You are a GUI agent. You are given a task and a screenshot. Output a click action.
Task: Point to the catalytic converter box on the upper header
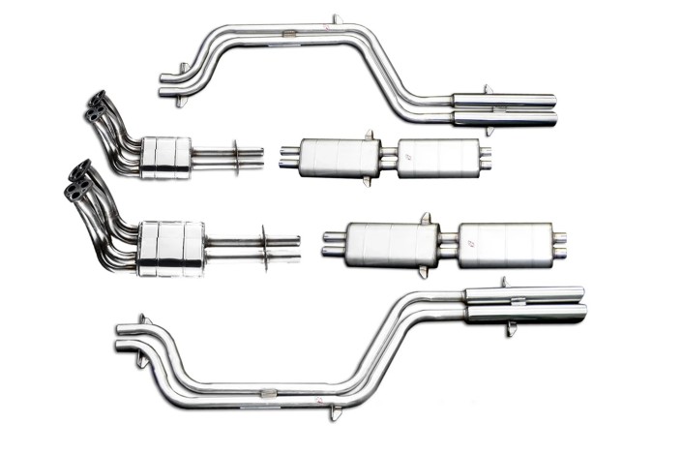tap(165, 157)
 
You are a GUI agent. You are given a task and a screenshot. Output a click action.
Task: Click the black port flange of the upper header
tap(95, 106)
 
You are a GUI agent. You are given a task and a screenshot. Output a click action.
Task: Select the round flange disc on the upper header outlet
tap(236, 157)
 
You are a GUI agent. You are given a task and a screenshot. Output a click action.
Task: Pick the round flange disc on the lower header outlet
tap(265, 248)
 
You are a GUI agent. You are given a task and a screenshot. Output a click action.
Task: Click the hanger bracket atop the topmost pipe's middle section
tap(336, 20)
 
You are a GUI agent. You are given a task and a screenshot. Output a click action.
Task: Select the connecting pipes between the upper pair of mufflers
tap(389, 157)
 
